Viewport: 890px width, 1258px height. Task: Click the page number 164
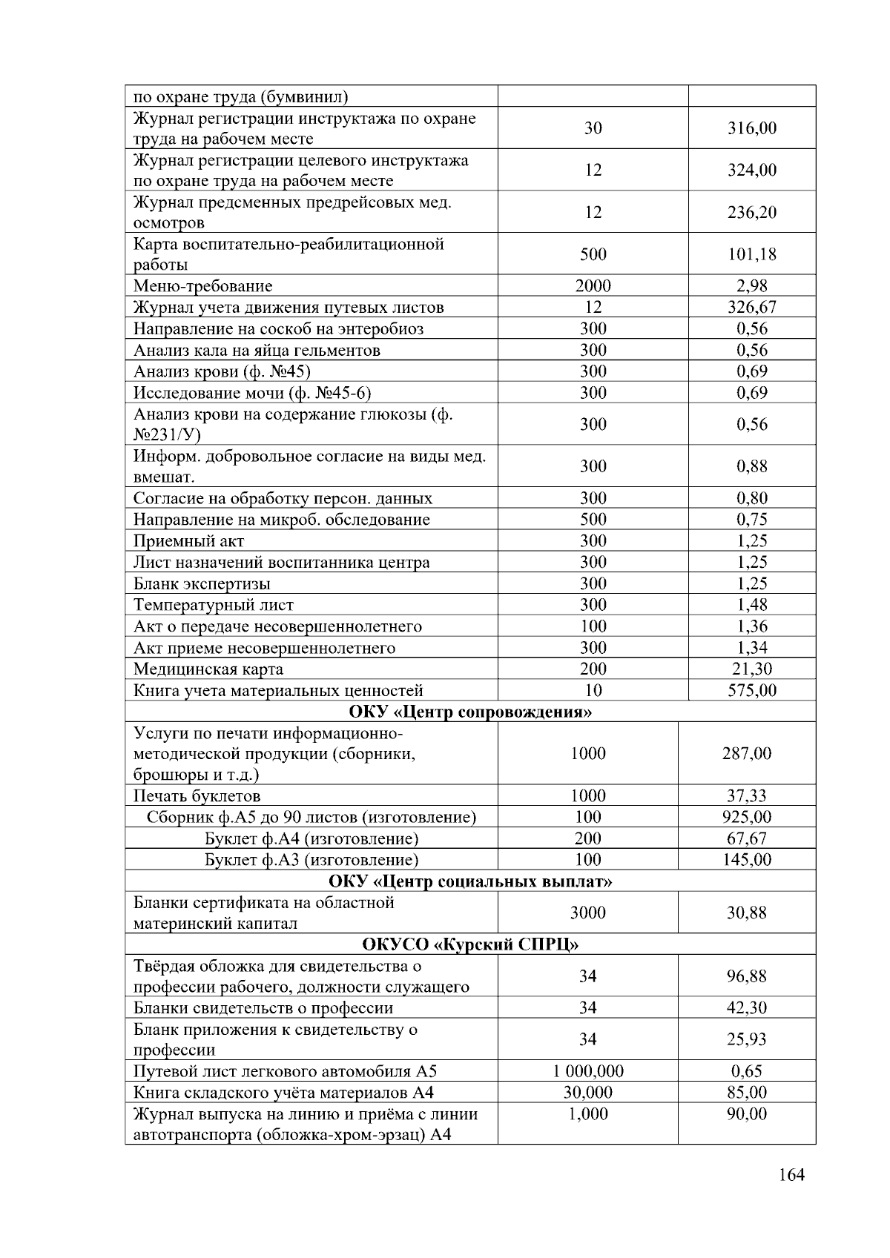tap(791, 1175)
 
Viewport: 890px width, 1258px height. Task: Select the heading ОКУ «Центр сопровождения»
tap(470, 712)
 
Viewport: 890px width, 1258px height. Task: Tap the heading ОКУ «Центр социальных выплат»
tap(470, 881)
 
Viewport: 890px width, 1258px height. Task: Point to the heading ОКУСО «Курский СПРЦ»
tap(470, 945)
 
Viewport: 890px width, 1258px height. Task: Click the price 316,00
tap(751, 128)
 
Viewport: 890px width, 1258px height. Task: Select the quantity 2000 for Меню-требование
tap(593, 286)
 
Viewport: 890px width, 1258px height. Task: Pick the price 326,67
tap(751, 308)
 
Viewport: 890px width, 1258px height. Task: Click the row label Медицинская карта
tap(208, 669)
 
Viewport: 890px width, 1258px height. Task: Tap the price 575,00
tap(751, 691)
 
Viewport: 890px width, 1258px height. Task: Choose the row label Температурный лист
tap(213, 606)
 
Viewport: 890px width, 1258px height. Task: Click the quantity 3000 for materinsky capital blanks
tap(587, 913)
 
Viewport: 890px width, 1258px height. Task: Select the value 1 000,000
tap(587, 1071)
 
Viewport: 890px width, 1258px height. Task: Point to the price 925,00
tap(746, 818)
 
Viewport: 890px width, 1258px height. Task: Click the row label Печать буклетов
tap(197, 797)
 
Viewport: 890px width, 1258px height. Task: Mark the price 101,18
tap(751, 254)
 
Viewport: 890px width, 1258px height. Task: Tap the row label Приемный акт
tap(188, 541)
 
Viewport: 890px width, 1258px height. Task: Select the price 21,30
tap(751, 669)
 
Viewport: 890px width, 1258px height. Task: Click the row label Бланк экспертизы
tap(202, 584)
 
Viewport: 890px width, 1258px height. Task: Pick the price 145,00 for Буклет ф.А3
tap(746, 860)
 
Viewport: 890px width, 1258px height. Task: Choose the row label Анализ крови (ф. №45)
tap(222, 371)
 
